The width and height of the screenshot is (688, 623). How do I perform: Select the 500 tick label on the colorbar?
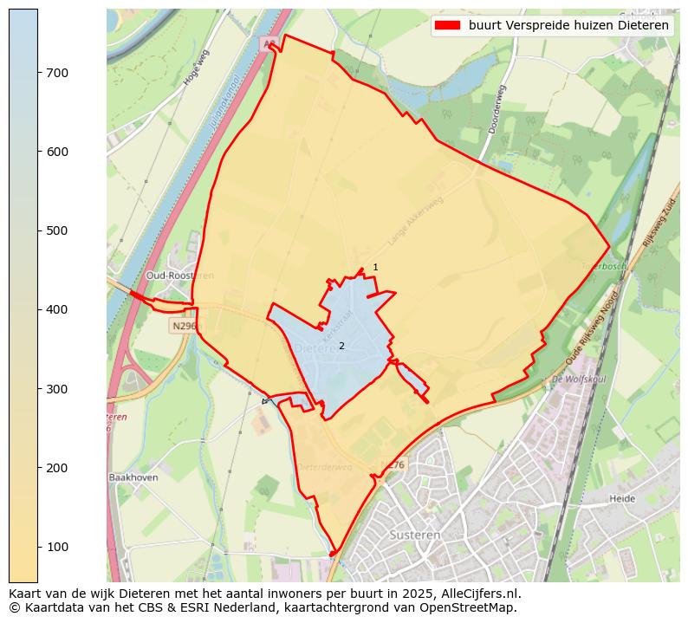(58, 230)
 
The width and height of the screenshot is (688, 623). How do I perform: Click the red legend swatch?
(447, 26)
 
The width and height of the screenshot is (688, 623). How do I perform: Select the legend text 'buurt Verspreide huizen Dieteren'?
(568, 26)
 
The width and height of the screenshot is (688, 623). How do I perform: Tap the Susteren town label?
(415, 535)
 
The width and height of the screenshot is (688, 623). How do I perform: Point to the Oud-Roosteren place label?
(179, 276)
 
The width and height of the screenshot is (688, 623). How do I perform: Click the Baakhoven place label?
(133, 477)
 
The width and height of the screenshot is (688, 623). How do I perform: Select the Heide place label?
(622, 498)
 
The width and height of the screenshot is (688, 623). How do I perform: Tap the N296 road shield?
(184, 326)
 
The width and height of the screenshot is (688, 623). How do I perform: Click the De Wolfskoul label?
(578, 380)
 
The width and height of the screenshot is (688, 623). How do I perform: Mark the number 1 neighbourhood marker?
(375, 267)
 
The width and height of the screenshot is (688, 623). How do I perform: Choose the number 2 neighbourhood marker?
(341, 346)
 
